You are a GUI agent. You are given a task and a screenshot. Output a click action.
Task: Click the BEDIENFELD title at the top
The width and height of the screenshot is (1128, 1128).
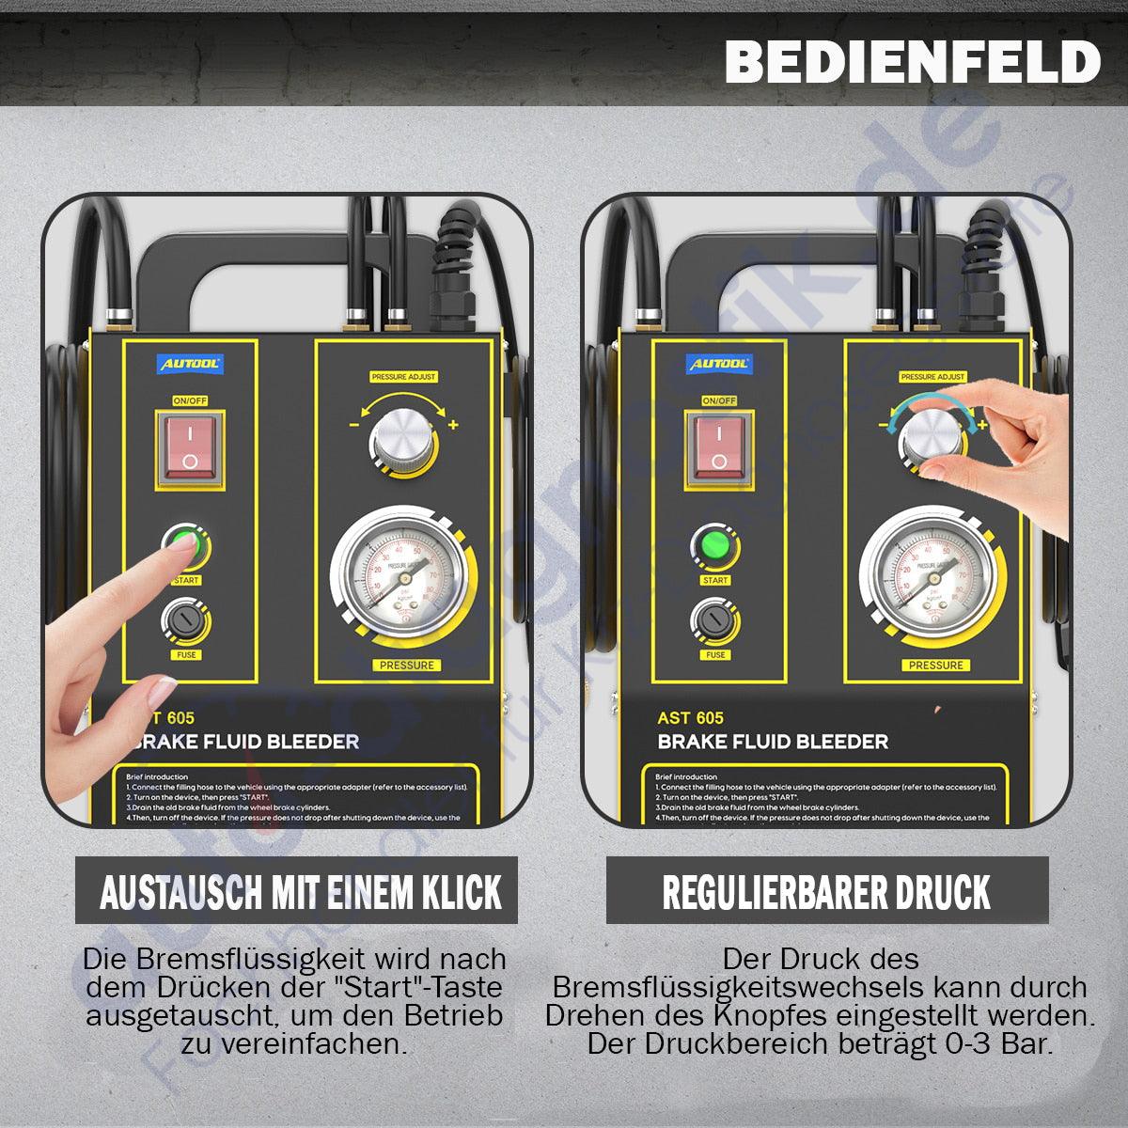coord(912,62)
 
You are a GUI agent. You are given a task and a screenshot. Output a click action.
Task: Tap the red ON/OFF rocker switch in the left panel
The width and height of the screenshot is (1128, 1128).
coord(190,446)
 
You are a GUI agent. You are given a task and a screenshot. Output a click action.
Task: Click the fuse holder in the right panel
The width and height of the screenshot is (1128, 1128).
coord(715,619)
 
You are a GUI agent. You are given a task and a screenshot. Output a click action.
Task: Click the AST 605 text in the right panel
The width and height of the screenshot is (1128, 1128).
coord(690,718)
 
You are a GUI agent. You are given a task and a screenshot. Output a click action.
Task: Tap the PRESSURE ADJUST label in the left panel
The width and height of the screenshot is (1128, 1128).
coord(404,377)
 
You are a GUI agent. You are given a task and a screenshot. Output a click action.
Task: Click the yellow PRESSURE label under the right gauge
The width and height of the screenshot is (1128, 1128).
coord(935,665)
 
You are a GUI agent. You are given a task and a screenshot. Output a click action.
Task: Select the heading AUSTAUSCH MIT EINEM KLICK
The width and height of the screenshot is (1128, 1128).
coord(301,892)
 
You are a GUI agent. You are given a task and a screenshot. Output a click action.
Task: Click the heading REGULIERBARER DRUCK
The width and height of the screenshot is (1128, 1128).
coord(826,892)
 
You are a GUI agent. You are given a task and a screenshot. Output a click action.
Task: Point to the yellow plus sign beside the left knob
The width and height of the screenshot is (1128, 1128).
coord(453,426)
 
